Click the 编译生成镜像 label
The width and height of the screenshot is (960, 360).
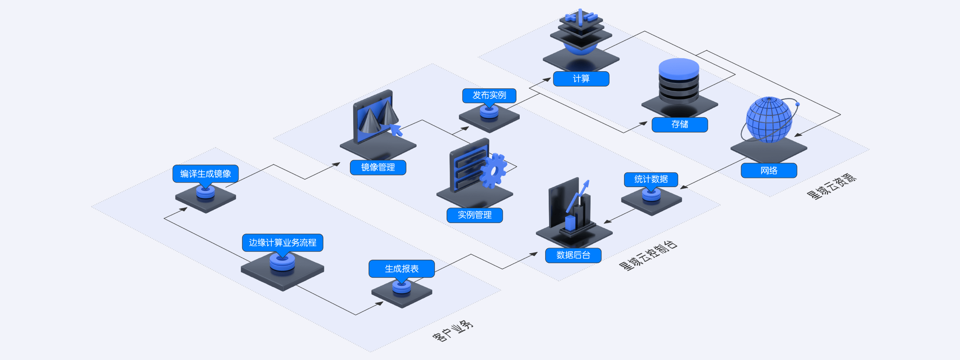click(205, 174)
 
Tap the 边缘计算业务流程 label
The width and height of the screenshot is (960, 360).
click(282, 243)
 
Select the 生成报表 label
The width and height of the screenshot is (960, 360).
click(402, 268)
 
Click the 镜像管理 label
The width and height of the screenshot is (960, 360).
click(378, 167)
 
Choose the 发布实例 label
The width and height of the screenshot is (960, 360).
click(489, 95)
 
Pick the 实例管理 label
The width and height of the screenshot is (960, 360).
click(474, 215)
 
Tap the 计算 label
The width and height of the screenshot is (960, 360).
click(581, 79)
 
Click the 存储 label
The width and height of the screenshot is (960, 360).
click(679, 124)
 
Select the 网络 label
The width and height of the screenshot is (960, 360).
click(769, 171)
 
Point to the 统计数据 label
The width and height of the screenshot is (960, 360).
click(651, 179)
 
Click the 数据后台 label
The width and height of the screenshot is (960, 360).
click(573, 255)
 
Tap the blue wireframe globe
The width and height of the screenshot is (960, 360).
click(768, 120)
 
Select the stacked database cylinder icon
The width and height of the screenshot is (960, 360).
click(679, 82)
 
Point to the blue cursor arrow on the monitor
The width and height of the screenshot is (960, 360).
click(396, 130)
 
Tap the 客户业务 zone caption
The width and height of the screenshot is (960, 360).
click(453, 331)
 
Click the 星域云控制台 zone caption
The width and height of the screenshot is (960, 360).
click(648, 256)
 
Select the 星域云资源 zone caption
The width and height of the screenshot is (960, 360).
click(831, 186)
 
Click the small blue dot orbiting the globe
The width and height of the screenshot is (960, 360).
click(798, 104)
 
